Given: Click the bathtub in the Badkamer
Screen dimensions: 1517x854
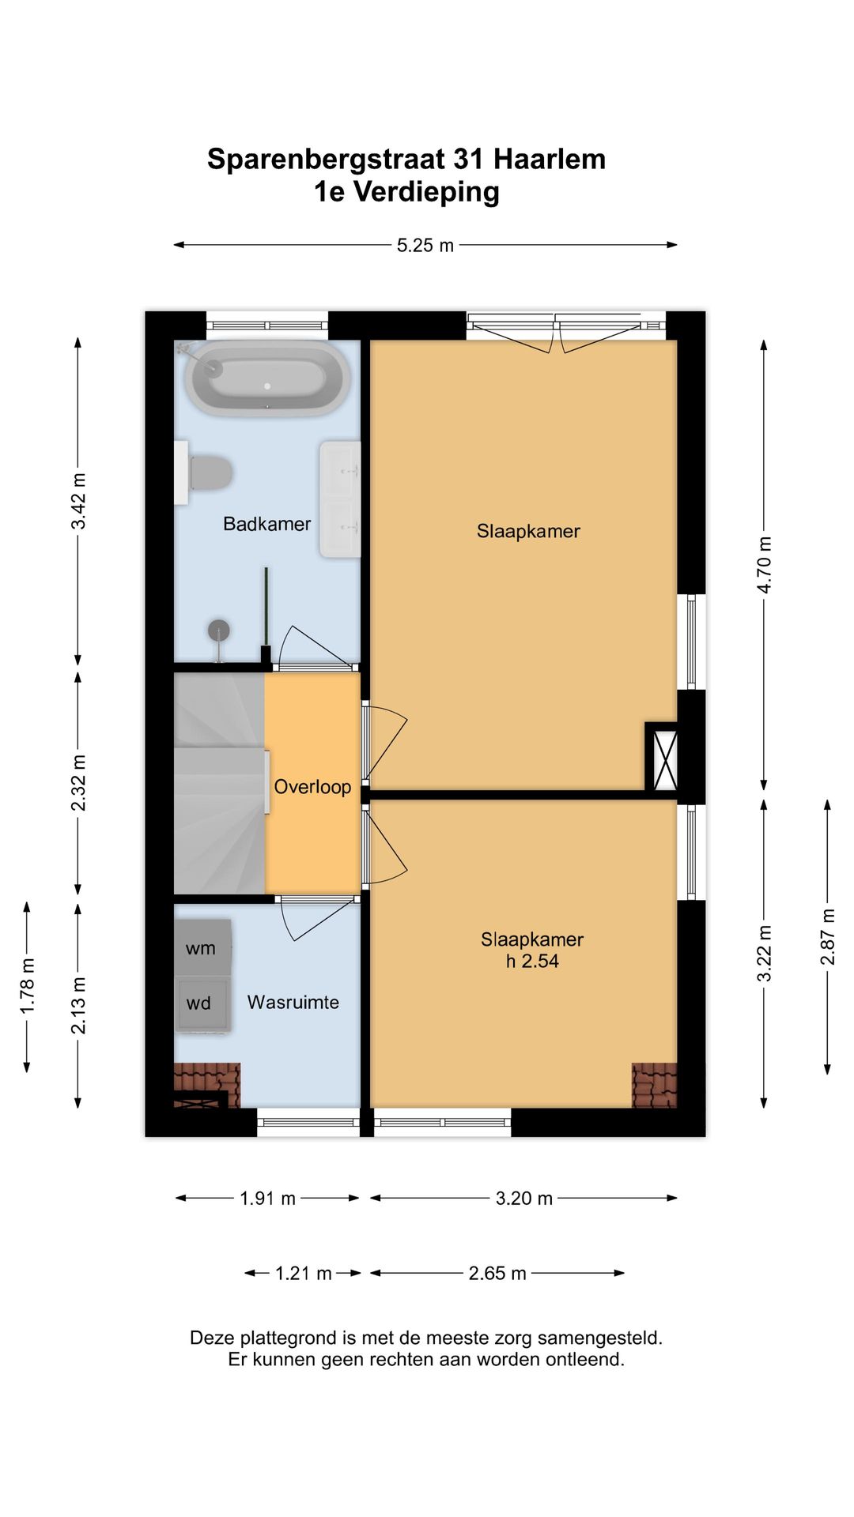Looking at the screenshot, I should coord(267,378).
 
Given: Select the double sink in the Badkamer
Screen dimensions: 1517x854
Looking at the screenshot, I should coord(340,499).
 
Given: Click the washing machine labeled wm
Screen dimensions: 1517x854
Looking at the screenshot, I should coord(202,947).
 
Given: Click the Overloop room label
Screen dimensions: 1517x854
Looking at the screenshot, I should coord(312,787).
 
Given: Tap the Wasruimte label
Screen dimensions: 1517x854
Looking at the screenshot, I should coord(293,1003).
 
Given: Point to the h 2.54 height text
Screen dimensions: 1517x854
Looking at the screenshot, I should coord(532,962).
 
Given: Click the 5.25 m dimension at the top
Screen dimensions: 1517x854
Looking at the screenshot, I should coord(425,246).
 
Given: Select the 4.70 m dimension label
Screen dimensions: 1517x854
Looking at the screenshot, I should coord(765,565).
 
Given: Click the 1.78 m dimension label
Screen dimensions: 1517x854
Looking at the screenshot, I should coord(28,986).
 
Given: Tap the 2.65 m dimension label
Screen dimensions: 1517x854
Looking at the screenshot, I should coord(497,1274).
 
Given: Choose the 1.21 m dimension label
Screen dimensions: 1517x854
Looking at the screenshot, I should coord(303,1274).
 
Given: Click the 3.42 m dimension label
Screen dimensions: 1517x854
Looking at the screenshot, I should coord(78,502).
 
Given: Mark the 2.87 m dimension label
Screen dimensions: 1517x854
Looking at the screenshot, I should coord(827,936).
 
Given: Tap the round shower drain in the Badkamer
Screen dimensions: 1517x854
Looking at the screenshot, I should coord(218,631).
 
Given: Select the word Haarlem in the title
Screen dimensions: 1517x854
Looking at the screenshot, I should coord(550,160).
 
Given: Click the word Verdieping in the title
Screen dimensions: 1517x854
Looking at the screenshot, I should coord(426,192).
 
